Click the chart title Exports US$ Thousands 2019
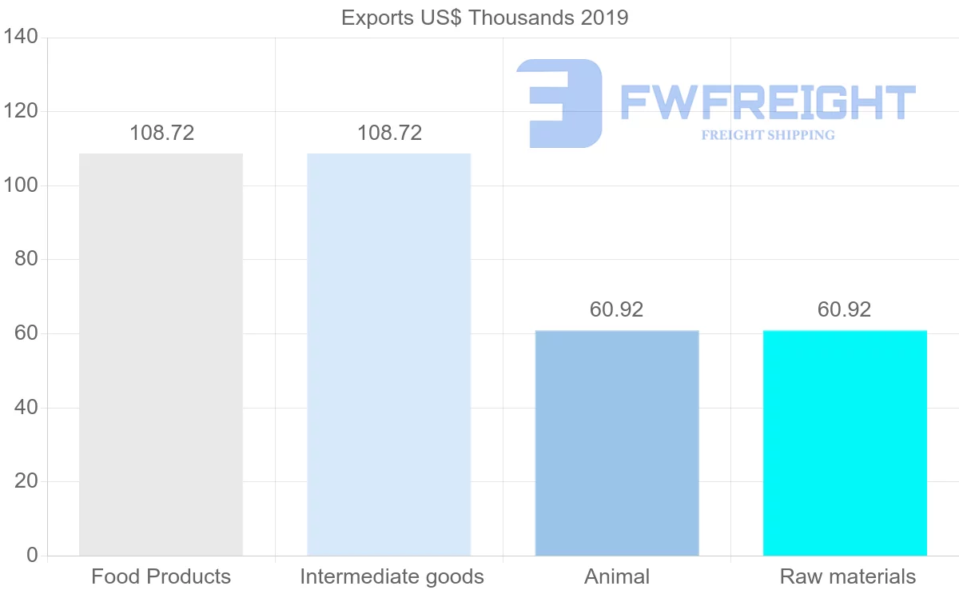pyautogui.click(x=484, y=18)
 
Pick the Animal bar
pyautogui.click(x=617, y=443)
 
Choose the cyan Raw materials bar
pyautogui.click(x=845, y=443)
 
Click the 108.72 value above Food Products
pyautogui.click(x=161, y=133)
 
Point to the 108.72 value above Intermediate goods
pyautogui.click(x=389, y=133)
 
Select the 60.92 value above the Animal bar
pyautogui.click(x=616, y=309)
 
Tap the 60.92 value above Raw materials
pyautogui.click(x=844, y=309)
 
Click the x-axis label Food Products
pyautogui.click(x=161, y=576)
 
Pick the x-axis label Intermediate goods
pyautogui.click(x=392, y=576)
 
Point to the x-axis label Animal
pyautogui.click(x=617, y=576)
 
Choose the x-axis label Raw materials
pyautogui.click(x=847, y=576)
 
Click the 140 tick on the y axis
pyautogui.click(x=22, y=38)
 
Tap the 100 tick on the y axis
pyautogui.click(x=22, y=185)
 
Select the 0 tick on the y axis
pyautogui.click(x=32, y=555)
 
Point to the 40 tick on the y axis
pyautogui.click(x=26, y=408)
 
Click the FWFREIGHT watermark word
pyautogui.click(x=767, y=103)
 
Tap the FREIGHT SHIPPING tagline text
pyautogui.click(x=768, y=135)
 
